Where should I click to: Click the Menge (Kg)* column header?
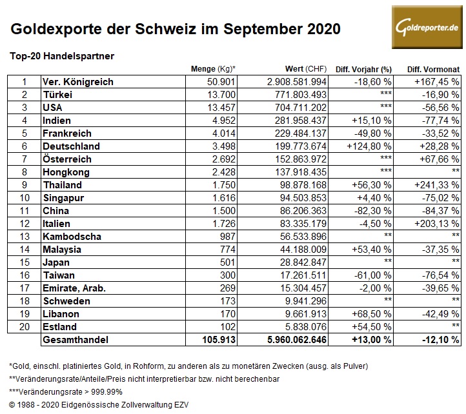point(214,69)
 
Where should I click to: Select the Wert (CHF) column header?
point(306,69)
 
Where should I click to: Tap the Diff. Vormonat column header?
point(433,69)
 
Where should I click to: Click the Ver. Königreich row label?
point(77,82)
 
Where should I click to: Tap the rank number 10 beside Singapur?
point(25,198)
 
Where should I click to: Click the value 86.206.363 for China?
point(298,211)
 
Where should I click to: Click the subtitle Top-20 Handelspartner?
point(62,55)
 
